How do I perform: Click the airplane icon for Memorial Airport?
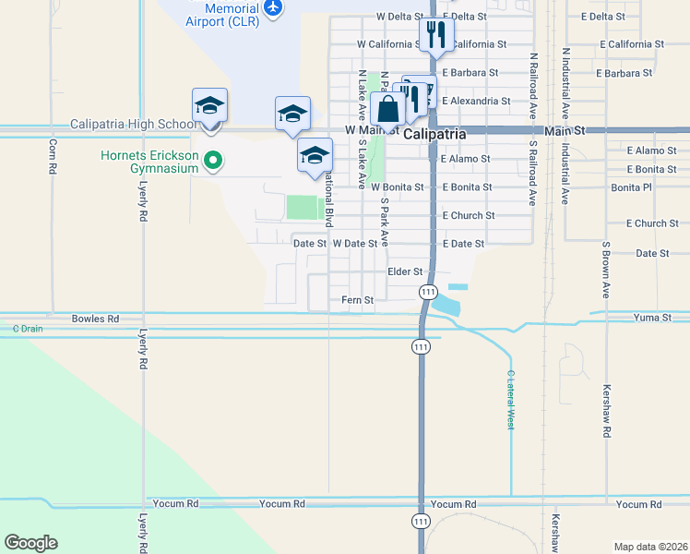[272, 7]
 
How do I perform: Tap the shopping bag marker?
[388, 109]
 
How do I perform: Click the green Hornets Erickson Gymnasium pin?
[213, 162]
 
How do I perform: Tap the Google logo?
[30, 543]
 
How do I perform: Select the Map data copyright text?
[651, 547]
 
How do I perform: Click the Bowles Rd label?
[95, 319]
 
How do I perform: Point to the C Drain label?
[28, 329]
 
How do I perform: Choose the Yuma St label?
[653, 318]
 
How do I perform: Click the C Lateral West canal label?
[510, 400]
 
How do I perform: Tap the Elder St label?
[405, 271]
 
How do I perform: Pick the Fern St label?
[357, 300]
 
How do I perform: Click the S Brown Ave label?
[606, 271]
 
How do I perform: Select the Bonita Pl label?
[631, 187]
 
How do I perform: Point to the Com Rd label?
[53, 157]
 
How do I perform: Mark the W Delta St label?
[399, 17]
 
